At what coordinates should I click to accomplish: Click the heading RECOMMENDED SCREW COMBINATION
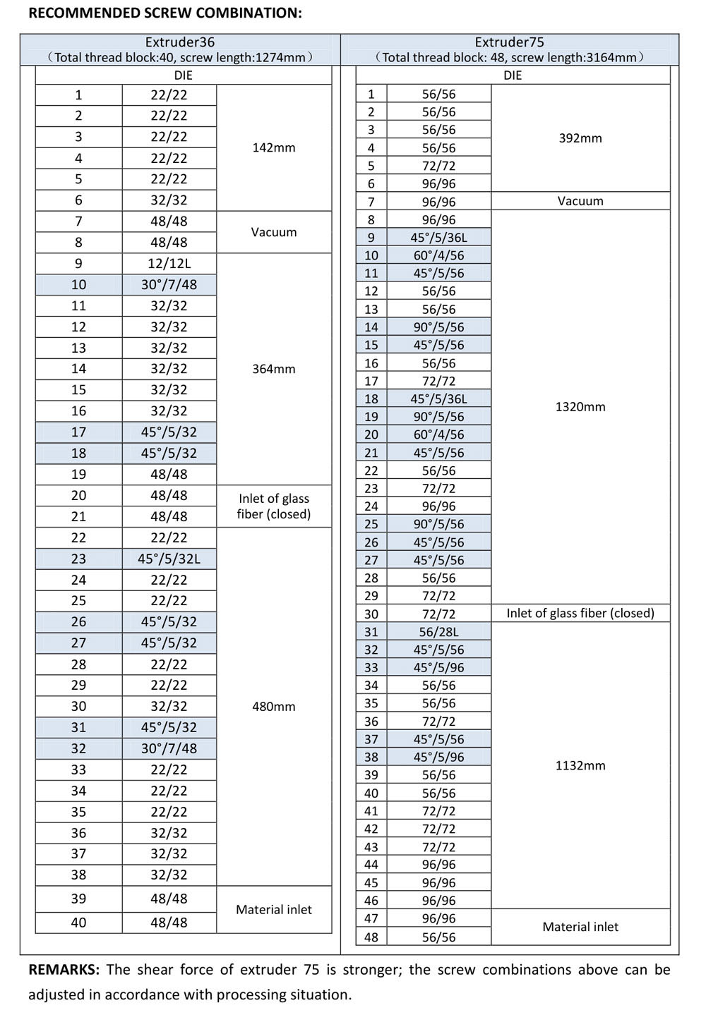[164, 13]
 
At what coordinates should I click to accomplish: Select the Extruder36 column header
[180, 42]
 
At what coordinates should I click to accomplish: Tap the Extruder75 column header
[509, 42]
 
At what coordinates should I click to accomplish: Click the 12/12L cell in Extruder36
[169, 264]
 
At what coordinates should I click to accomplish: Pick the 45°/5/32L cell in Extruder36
[169, 559]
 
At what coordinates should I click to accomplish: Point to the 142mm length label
[274, 148]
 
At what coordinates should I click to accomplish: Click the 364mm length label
[274, 369]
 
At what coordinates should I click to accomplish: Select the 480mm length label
[274, 707]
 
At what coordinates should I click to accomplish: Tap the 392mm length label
[580, 138]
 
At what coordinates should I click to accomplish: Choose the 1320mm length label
[580, 407]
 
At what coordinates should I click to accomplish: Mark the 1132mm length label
[580, 766]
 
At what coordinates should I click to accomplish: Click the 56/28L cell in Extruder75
[438, 632]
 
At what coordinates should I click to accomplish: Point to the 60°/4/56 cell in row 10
[438, 255]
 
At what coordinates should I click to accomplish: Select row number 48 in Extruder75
[371, 937]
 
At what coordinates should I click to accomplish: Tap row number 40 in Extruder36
[78, 923]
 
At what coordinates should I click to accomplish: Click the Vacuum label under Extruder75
[580, 201]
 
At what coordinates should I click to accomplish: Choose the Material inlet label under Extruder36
[274, 910]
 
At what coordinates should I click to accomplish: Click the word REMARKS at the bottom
[64, 970]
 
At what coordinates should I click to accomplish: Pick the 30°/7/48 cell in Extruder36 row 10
[169, 285]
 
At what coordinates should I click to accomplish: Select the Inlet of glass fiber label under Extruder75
[580, 614]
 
